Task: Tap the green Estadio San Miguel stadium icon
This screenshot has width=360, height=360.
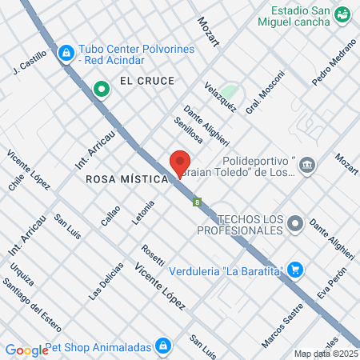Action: pos(342,14)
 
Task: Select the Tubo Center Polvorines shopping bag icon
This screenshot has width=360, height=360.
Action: pos(66,54)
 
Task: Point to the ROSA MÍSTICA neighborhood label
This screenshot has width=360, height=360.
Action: pos(127,180)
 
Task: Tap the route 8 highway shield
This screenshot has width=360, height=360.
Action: pos(196,202)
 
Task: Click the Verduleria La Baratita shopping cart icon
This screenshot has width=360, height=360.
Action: pos(295,270)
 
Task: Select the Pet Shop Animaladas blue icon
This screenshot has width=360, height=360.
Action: pos(163,346)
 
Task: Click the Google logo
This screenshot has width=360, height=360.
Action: pos(26,350)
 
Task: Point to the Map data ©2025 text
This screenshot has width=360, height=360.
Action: pos(325,354)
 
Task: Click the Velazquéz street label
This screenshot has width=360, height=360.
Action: pos(219,97)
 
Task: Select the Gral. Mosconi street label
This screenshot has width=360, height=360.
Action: pos(265,93)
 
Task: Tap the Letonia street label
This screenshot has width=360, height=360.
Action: pos(142,212)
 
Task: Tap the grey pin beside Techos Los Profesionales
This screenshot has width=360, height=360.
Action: pos(296,223)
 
